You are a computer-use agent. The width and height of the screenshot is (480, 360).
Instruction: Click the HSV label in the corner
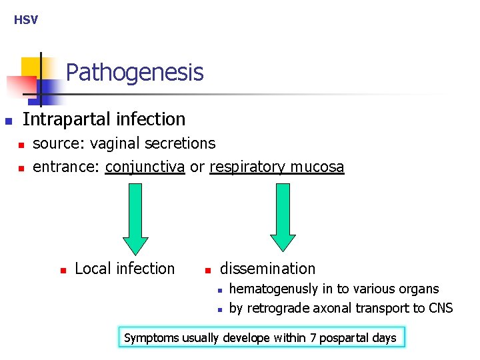(26, 20)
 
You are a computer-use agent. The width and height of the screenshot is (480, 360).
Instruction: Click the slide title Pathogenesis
(135, 72)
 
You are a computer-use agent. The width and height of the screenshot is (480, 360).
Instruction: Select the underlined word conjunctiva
(145, 167)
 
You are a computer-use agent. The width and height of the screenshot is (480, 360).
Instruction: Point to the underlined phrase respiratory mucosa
(277, 167)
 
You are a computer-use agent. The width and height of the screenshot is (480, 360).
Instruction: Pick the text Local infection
(125, 269)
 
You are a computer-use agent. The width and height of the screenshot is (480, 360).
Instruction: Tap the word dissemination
(267, 269)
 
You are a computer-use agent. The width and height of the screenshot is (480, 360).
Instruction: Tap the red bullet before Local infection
(63, 271)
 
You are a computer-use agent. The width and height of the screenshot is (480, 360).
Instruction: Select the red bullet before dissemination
(207, 271)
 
